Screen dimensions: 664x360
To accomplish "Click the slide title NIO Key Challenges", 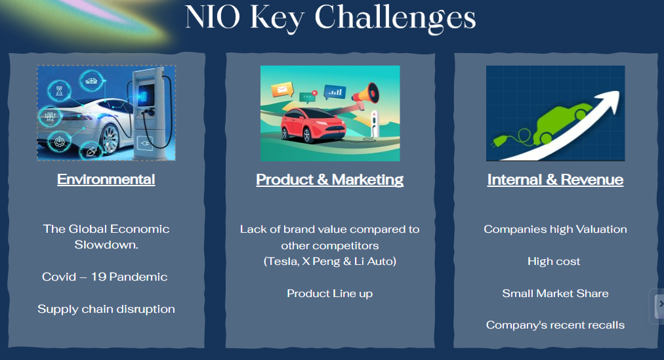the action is (x=330, y=18).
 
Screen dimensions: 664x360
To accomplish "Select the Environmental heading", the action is (x=106, y=180).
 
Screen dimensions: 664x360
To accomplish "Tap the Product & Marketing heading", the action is (x=330, y=180).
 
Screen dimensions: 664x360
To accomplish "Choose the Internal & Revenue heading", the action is (x=555, y=180).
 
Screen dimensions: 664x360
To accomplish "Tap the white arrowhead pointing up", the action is (x=609, y=102).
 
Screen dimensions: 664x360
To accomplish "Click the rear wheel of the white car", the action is (x=110, y=139).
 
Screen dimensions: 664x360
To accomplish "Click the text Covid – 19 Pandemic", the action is (x=105, y=277).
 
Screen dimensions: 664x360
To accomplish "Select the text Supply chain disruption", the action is (x=106, y=309).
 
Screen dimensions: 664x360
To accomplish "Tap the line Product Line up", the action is (x=330, y=294).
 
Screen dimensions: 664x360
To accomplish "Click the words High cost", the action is (x=554, y=262).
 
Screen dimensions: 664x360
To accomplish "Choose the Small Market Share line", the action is (x=555, y=293).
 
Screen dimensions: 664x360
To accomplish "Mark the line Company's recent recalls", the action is (x=555, y=325).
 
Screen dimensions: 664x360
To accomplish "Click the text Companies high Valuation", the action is (x=555, y=230).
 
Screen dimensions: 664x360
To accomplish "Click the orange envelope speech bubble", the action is (x=282, y=90).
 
